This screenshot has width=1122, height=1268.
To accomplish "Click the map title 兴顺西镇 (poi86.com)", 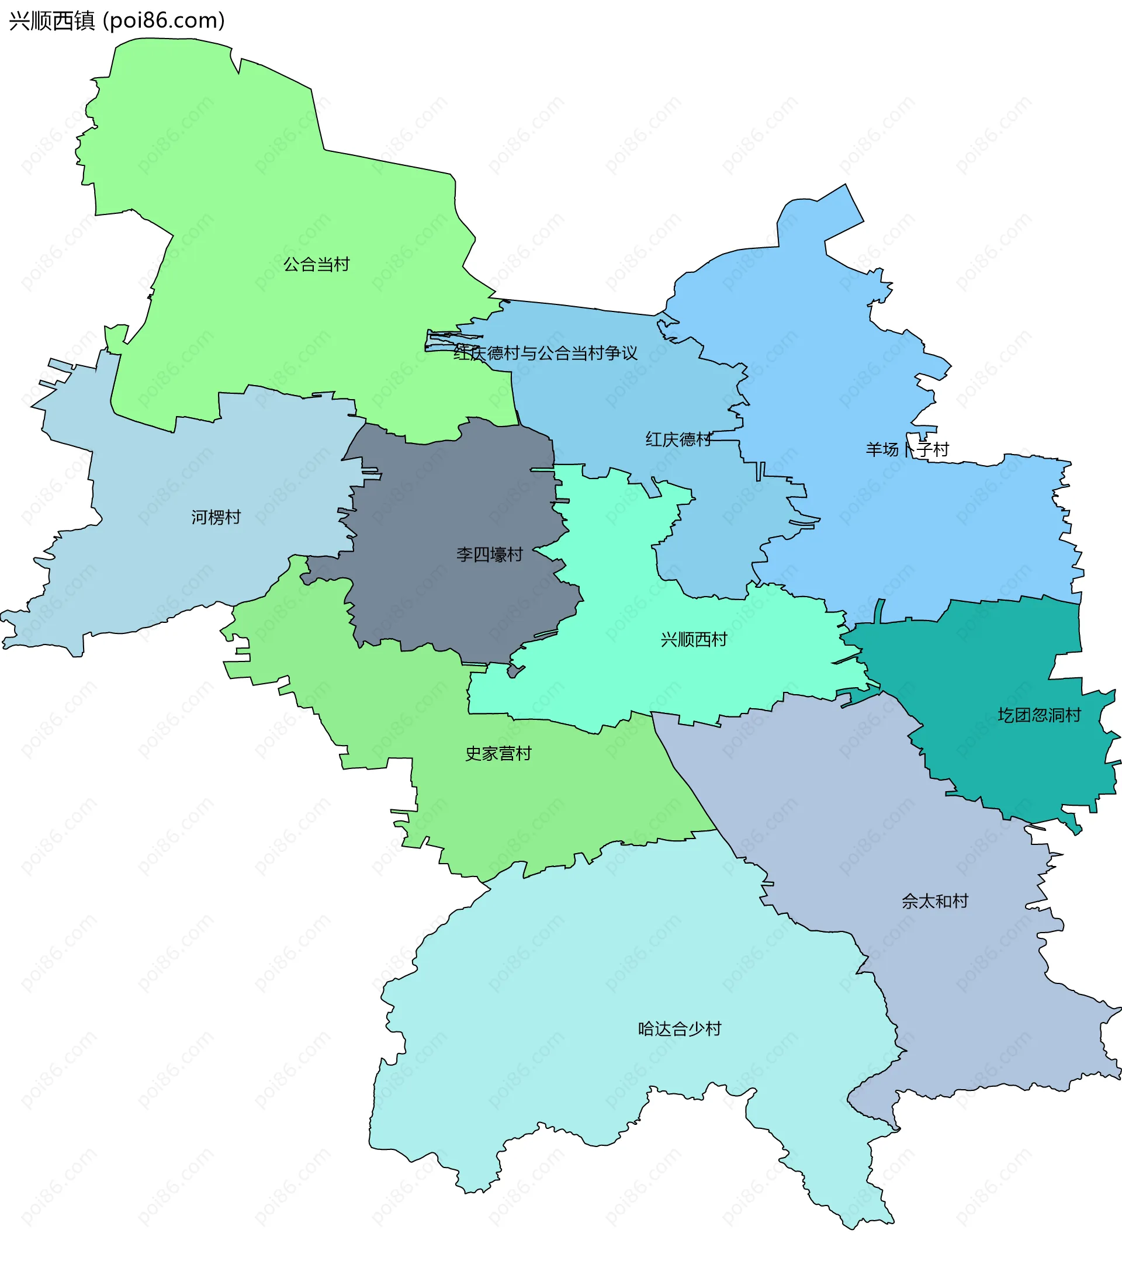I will [x=117, y=20].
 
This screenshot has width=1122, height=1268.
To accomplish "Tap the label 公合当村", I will [x=316, y=264].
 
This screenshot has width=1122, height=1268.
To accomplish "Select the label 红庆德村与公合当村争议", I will [x=545, y=353].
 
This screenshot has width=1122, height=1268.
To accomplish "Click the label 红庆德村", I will [x=678, y=439].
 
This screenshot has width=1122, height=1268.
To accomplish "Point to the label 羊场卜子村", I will [x=907, y=449].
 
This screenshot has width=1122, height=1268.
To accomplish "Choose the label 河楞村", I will [x=215, y=517].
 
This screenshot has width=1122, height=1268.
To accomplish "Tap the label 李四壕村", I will [x=489, y=554].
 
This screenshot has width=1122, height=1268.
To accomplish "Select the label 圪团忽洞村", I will [x=1039, y=715].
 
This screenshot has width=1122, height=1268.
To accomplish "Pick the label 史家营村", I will [x=498, y=753].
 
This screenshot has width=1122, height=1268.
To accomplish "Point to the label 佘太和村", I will [x=934, y=901].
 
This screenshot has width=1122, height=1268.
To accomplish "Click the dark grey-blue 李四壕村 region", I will [x=434, y=595].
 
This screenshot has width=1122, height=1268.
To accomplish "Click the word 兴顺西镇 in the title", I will [x=52, y=20].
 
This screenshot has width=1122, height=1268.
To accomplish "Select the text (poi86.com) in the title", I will [x=164, y=20].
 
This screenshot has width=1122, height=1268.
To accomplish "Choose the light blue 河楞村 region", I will [x=155, y=558].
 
